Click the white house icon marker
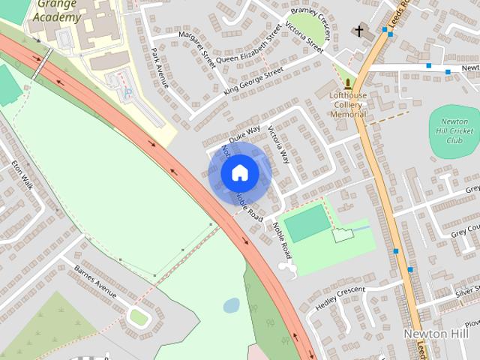[240, 173]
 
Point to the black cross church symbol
[359, 31]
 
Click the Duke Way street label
[244, 133]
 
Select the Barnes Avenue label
[95, 280]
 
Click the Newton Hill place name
[436, 333]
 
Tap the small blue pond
[232, 305]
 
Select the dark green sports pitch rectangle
[307, 223]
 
